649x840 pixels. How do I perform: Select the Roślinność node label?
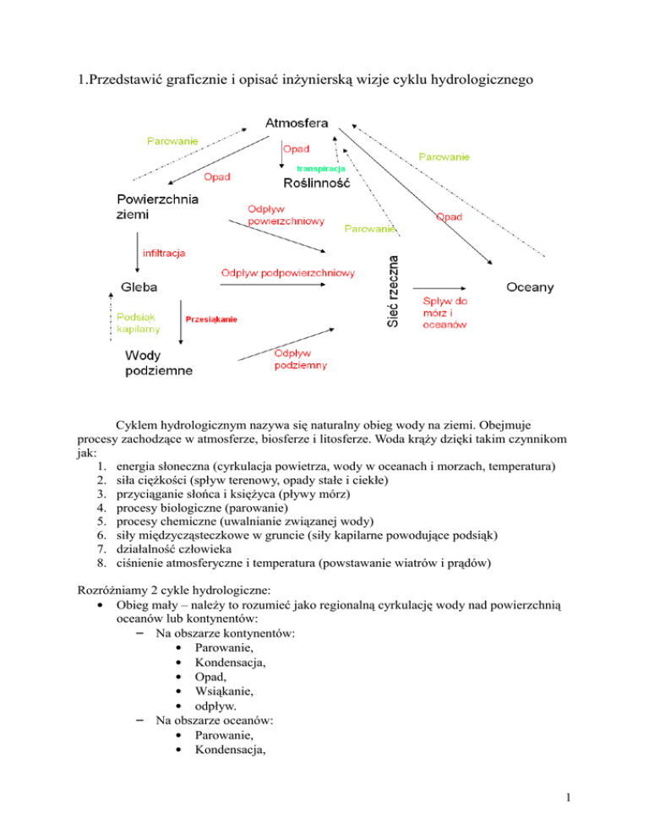click(317, 183)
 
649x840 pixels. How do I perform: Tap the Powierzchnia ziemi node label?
click(158, 207)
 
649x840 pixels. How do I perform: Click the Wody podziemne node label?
click(159, 363)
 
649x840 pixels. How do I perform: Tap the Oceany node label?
click(530, 287)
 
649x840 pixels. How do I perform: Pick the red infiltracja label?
click(165, 253)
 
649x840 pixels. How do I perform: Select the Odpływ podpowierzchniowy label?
click(287, 273)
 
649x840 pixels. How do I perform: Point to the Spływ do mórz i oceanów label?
click(445, 313)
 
